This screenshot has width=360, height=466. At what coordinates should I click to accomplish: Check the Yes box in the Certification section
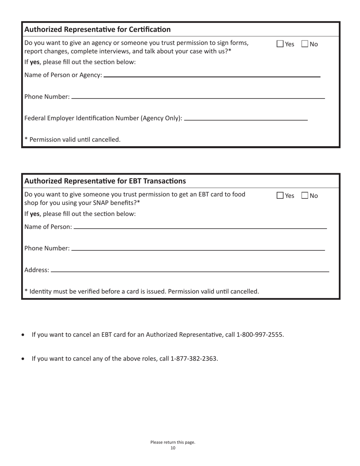point(280,44)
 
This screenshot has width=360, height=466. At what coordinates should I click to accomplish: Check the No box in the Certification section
point(305,44)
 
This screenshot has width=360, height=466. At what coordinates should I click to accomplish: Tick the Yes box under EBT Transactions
point(280,195)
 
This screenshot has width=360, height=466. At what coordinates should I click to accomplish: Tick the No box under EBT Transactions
point(305,195)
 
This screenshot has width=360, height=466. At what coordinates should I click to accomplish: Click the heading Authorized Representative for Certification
point(97,29)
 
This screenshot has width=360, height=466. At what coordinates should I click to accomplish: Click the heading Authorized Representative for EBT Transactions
point(105,181)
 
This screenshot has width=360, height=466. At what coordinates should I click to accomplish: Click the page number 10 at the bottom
point(173,448)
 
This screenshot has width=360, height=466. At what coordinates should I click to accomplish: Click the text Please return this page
point(173,442)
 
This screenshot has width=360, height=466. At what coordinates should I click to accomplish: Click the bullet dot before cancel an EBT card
point(24,335)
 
